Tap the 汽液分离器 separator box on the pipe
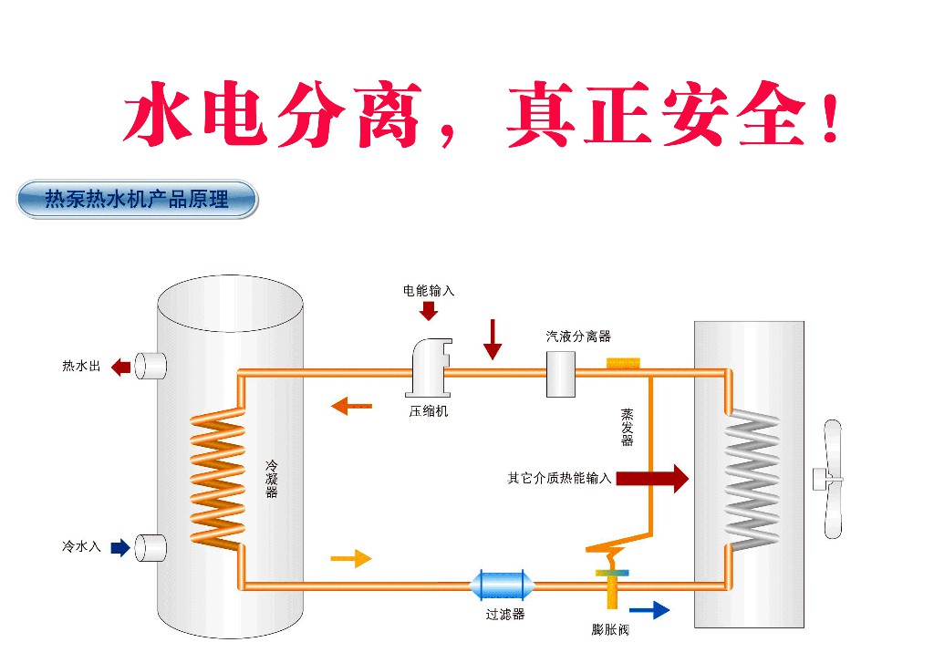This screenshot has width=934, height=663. tap(561, 374)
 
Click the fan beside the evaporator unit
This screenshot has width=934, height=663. tap(828, 479)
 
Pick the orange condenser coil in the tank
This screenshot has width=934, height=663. tap(217, 477)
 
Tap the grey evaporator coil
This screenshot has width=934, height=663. tap(752, 479)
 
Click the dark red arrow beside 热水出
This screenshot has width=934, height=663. tap(121, 367)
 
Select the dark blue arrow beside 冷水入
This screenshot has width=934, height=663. tap(121, 547)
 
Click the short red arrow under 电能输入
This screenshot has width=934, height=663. tap(429, 310)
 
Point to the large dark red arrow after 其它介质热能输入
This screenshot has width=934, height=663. tap(652, 479)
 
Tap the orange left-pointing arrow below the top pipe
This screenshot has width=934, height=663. tap(351, 406)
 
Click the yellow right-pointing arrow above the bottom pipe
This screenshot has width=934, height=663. tap(351, 558)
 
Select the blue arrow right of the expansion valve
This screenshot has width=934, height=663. tap(649, 609)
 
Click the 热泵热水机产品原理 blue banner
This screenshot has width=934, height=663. tap(137, 199)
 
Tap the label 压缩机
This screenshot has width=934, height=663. tap(429, 411)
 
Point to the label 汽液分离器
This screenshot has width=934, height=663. tap(578, 336)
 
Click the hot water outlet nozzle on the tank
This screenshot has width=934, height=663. tap(150, 366)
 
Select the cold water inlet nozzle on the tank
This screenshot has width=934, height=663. tap(150, 547)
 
